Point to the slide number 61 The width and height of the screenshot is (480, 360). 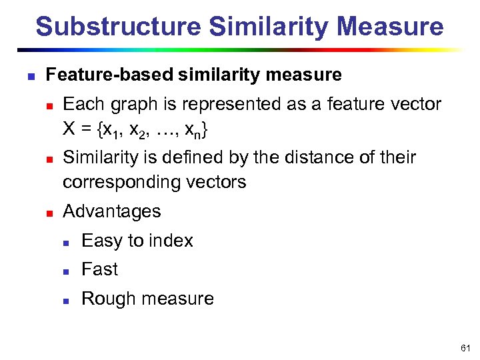(465, 349)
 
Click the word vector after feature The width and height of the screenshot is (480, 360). (417, 104)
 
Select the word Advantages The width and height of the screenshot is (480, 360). (111, 211)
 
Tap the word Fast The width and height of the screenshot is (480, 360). (99, 269)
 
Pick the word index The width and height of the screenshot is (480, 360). (171, 241)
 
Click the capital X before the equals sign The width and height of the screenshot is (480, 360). (69, 131)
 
